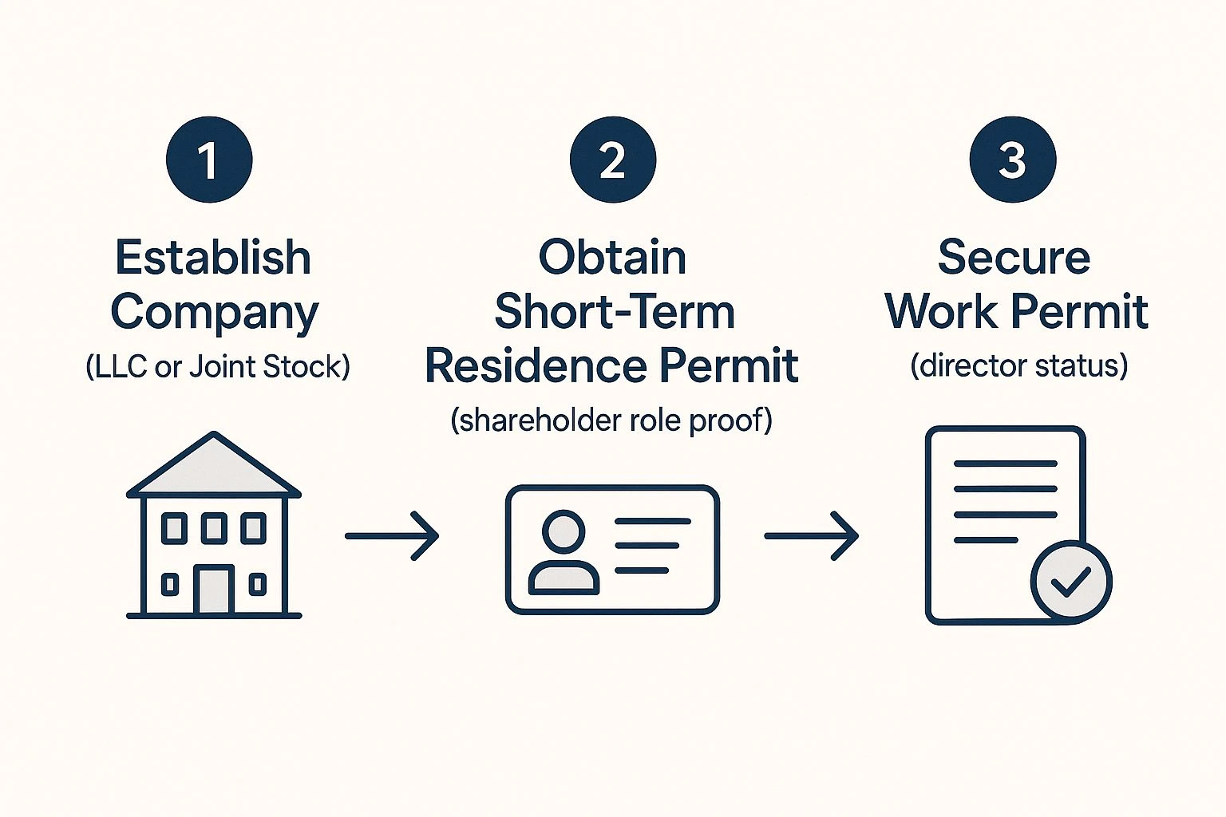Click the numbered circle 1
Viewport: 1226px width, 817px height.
pyautogui.click(x=209, y=160)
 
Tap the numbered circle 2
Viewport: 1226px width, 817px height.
pyautogui.click(x=612, y=160)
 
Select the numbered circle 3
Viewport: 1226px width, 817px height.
pyautogui.click(x=1012, y=160)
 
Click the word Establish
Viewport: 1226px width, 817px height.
pyautogui.click(x=213, y=258)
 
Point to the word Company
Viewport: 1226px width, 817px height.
pyautogui.click(x=214, y=313)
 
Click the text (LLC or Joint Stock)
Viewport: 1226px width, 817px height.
pyautogui.click(x=217, y=367)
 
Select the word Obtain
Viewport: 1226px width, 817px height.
pyautogui.click(x=612, y=258)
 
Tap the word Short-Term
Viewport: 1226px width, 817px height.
pyautogui.click(x=614, y=311)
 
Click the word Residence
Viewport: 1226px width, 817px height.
pyautogui.click(x=536, y=366)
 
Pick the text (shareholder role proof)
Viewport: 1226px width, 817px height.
pyautogui.click(x=611, y=420)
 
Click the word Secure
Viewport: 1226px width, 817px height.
pyautogui.click(x=1014, y=258)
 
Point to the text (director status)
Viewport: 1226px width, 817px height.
pyautogui.click(x=1018, y=366)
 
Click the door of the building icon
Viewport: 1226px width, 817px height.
pyautogui.click(x=213, y=590)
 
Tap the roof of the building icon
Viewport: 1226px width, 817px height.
pyautogui.click(x=213, y=467)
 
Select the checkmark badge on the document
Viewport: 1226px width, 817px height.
pyautogui.click(x=1070, y=581)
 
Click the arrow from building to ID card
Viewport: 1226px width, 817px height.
pyautogui.click(x=392, y=536)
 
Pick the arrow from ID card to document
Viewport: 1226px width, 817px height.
pyautogui.click(x=811, y=536)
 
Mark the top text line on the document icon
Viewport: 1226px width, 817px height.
pyautogui.click(x=1006, y=464)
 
